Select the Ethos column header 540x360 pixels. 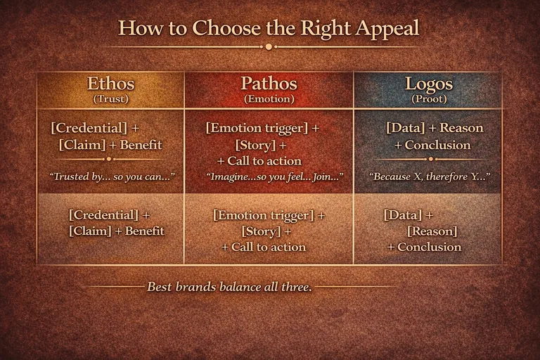click(110, 84)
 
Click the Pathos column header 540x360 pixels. click(269, 84)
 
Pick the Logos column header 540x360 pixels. click(428, 84)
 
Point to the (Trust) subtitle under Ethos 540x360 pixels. click(110, 99)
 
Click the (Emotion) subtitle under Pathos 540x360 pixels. click(269, 99)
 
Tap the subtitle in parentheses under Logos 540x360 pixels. click(428, 99)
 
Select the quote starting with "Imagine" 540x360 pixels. click(268, 176)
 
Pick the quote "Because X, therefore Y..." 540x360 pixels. click(429, 175)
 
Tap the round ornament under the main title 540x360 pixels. click(269, 47)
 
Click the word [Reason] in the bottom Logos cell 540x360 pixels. click(432, 231)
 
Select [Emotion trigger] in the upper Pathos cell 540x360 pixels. click(257, 129)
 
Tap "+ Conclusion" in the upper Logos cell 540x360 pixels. click(432, 145)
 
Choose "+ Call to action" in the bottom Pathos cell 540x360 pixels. click(264, 247)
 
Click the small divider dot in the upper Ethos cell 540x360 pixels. click(110, 159)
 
